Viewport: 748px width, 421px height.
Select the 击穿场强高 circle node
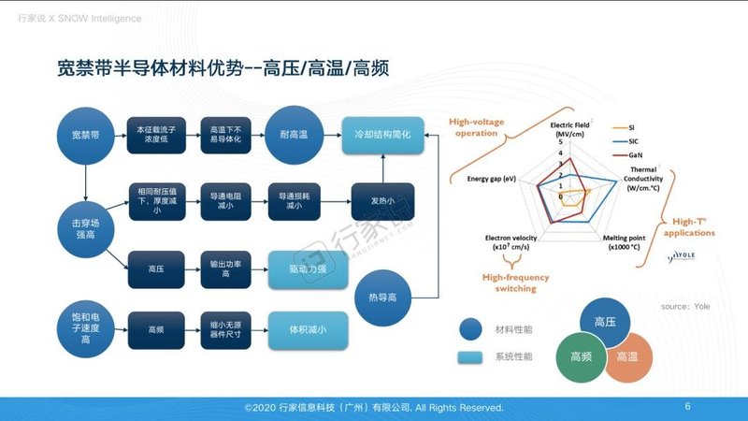coord(86,225)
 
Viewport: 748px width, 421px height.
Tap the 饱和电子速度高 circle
coord(86,329)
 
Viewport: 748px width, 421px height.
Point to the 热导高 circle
coord(384,297)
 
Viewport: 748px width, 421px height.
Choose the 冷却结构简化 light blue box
coord(383,135)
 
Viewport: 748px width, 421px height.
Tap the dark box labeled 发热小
coord(383,199)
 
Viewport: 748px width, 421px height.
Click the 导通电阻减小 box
coord(227,199)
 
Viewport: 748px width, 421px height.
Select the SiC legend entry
coord(637,139)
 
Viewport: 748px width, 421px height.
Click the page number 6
coord(688,406)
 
